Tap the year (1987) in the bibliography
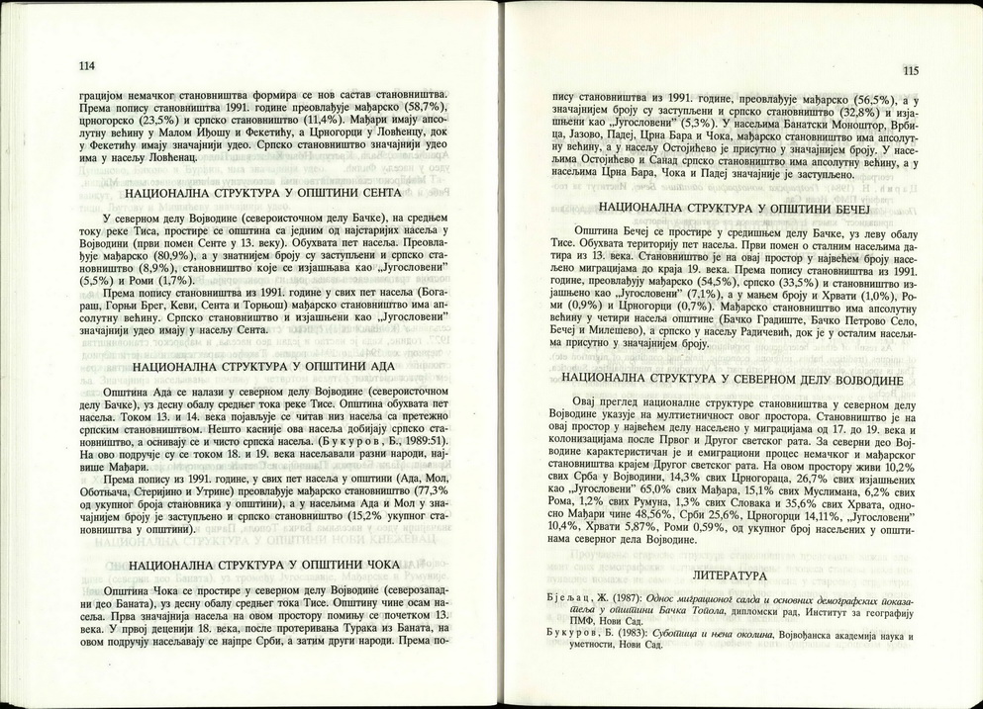(x=623, y=598)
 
